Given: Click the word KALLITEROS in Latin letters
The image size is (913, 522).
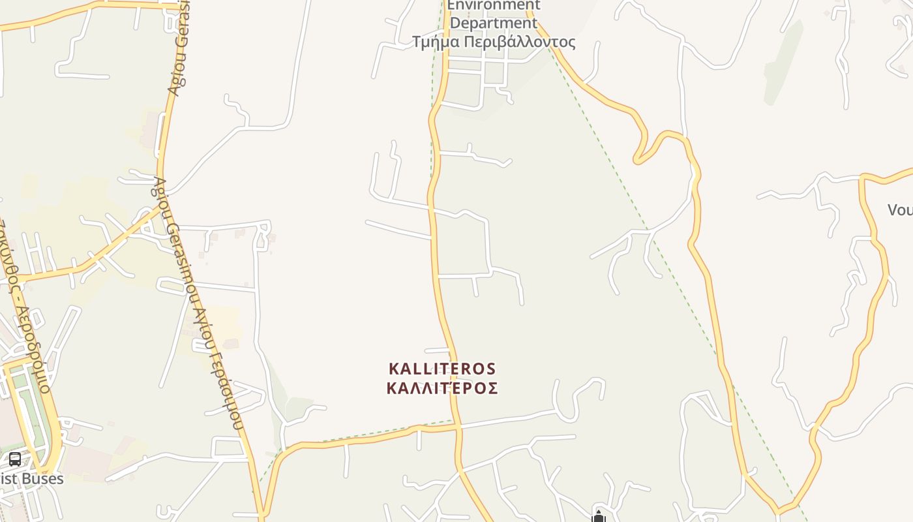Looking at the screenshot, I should point(442,369).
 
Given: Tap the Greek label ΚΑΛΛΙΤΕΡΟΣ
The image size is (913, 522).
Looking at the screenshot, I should point(442,388).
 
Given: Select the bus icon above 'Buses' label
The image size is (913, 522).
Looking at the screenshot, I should point(15,459).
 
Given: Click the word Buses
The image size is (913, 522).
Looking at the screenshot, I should point(42,478).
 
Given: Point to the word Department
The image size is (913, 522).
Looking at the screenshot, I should point(494,23).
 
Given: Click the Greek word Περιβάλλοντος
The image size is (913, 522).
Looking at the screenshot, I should point(520,42).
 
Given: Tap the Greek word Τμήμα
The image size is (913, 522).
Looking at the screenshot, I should point(436,42).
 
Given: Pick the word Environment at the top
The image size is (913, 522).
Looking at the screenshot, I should point(494,5).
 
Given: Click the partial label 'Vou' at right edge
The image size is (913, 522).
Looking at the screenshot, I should point(900,209).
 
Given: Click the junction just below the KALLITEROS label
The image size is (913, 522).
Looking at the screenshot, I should point(458,426).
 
